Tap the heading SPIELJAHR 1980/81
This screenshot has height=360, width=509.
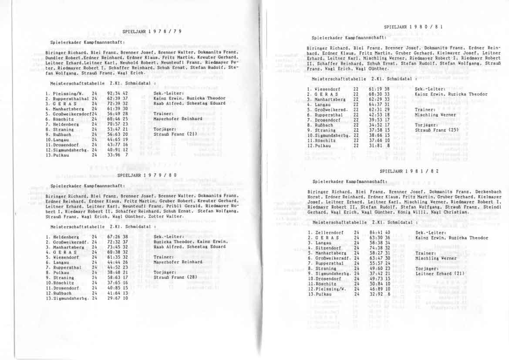click(414, 27)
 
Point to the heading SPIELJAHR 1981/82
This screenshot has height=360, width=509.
click(409, 171)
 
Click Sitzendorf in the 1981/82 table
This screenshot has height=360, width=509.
click(327, 248)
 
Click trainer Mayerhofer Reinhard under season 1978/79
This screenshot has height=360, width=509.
click(178, 119)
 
